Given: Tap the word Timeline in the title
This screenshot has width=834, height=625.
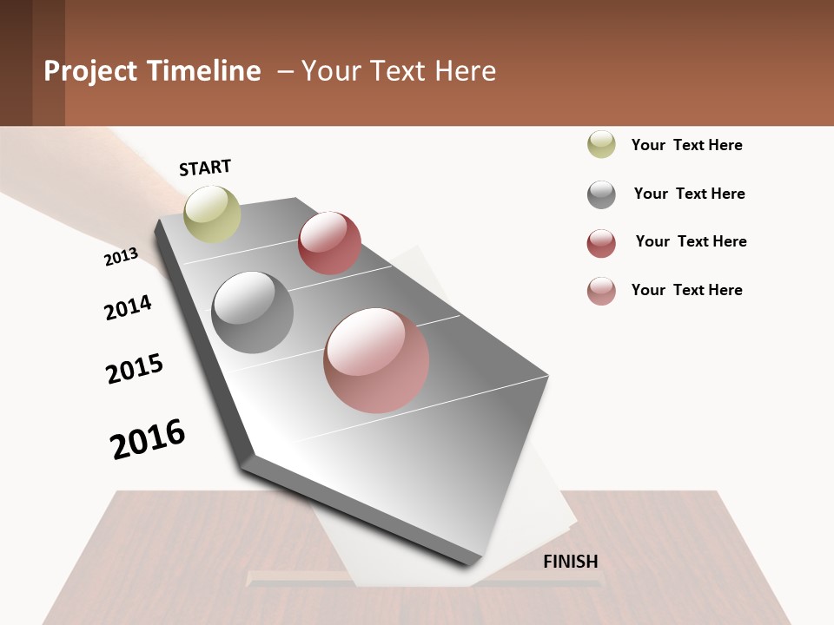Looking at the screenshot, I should pyautogui.click(x=204, y=71).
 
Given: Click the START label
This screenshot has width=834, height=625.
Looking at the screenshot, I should pyautogui.click(x=205, y=168).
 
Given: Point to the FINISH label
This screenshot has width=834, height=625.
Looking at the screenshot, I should pyautogui.click(x=571, y=562).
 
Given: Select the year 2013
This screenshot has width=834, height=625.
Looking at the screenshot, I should pyautogui.click(x=121, y=256).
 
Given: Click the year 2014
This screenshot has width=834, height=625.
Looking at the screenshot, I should pyautogui.click(x=128, y=307).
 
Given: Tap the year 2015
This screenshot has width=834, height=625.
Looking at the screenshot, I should pyautogui.click(x=135, y=369).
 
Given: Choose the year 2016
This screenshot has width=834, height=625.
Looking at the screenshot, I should pyautogui.click(x=148, y=438).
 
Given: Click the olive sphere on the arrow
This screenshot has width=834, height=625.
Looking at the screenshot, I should pyautogui.click(x=212, y=214).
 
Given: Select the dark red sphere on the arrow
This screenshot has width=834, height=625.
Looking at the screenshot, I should pyautogui.click(x=329, y=242).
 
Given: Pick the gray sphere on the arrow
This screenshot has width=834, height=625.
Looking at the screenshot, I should pyautogui.click(x=253, y=312).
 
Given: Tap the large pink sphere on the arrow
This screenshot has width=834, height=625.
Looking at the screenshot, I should pyautogui.click(x=376, y=360).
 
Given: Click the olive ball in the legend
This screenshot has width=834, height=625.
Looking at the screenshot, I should pyautogui.click(x=601, y=144).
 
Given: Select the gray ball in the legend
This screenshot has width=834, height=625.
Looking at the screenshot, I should pyautogui.click(x=601, y=194).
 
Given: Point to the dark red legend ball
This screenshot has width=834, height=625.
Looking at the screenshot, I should pyautogui.click(x=601, y=243).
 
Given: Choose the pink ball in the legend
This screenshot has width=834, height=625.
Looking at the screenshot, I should pyautogui.click(x=601, y=291).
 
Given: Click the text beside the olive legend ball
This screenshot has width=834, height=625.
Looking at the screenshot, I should pyautogui.click(x=687, y=145).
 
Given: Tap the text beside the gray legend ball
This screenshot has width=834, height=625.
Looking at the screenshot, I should pyautogui.click(x=690, y=194).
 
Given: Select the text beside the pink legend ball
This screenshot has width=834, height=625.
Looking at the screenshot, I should pyautogui.click(x=687, y=290).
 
